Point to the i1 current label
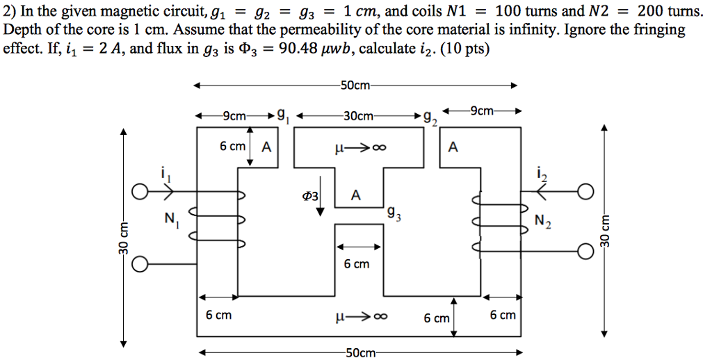point(164,175)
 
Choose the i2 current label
point(543,176)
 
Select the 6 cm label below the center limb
point(357,264)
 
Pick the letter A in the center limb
point(355,196)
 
